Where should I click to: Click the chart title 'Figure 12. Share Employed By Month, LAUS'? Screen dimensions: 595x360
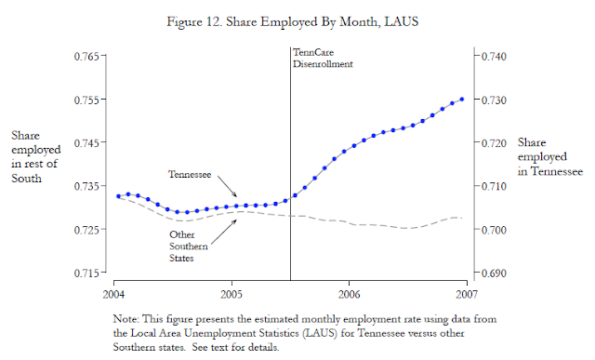click(x=293, y=21)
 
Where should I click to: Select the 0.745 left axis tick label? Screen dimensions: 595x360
click(x=86, y=142)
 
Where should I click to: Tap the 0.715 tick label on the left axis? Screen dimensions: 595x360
click(x=86, y=273)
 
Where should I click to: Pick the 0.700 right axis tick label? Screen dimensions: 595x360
click(x=494, y=230)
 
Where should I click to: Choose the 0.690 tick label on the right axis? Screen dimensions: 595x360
click(x=494, y=273)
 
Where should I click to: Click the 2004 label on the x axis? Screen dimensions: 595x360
click(x=113, y=294)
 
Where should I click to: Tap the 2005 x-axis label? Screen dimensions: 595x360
click(x=231, y=294)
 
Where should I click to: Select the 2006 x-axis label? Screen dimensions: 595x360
click(x=350, y=294)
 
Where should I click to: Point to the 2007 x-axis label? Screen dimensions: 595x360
click(x=467, y=294)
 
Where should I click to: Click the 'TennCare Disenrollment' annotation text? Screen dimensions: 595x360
click(x=323, y=58)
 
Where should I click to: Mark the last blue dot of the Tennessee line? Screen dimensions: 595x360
click(x=462, y=100)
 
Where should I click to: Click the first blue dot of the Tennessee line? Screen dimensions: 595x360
click(x=118, y=196)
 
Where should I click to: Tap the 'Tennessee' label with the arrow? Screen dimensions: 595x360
click(x=190, y=174)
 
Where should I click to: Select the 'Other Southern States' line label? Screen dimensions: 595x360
click(x=189, y=247)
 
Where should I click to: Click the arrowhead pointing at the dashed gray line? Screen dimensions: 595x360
click(x=235, y=221)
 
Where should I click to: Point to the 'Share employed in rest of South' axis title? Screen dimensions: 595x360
click(x=35, y=156)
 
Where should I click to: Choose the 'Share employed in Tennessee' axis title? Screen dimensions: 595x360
click(x=550, y=156)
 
